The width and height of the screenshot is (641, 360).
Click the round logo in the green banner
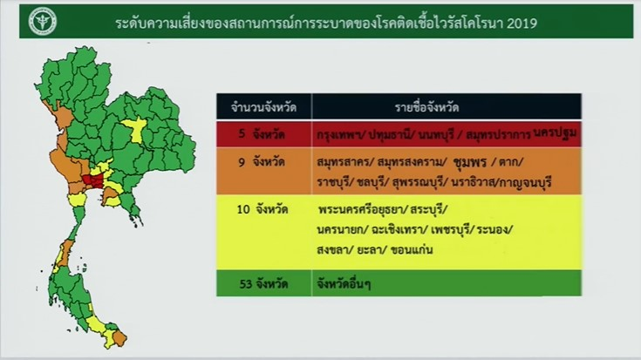tap(43, 22)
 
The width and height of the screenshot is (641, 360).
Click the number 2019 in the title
tap(522, 24)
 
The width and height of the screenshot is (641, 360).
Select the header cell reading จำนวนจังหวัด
tap(263, 107)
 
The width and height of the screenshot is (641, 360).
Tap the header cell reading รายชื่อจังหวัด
tap(447, 107)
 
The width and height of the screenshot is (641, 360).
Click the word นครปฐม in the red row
tap(556, 132)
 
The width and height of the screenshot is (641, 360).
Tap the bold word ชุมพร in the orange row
tap(470, 162)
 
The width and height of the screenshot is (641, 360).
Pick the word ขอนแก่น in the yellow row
tap(412, 249)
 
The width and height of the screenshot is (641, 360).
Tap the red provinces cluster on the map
tap(93, 180)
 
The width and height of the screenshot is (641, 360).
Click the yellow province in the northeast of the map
tap(134, 129)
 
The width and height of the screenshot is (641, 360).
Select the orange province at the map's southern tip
tap(119, 338)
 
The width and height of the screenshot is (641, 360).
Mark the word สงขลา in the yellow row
tap(332, 250)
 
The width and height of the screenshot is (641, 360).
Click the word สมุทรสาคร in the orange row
tap(342, 163)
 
